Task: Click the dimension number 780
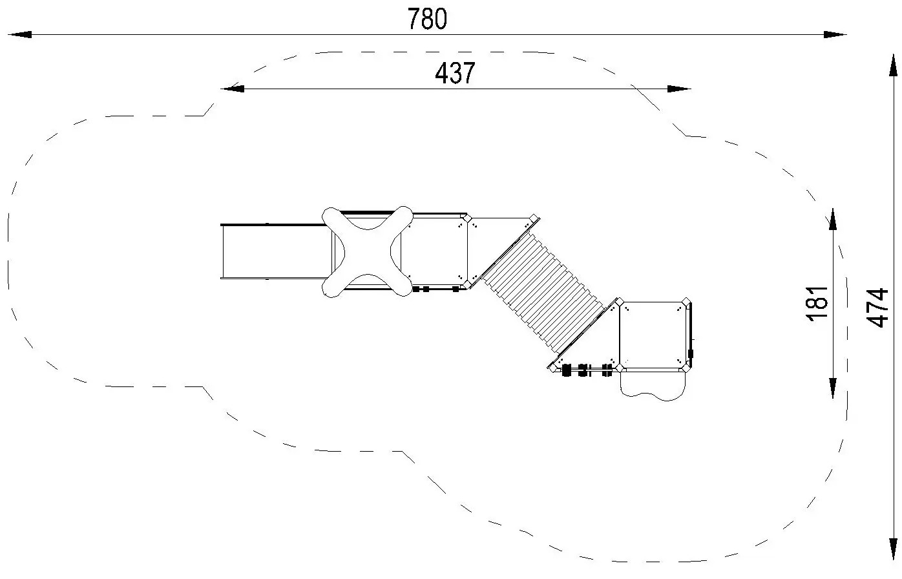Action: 427,19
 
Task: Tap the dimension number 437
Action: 455,73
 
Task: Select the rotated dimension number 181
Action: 817,304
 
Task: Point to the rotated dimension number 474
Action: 877,308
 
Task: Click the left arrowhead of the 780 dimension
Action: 19,35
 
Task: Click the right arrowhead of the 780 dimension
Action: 835,35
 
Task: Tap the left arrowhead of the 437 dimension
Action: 233,89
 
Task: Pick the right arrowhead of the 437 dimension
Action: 679,89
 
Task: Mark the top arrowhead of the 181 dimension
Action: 833,220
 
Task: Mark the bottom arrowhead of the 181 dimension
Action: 833,388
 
